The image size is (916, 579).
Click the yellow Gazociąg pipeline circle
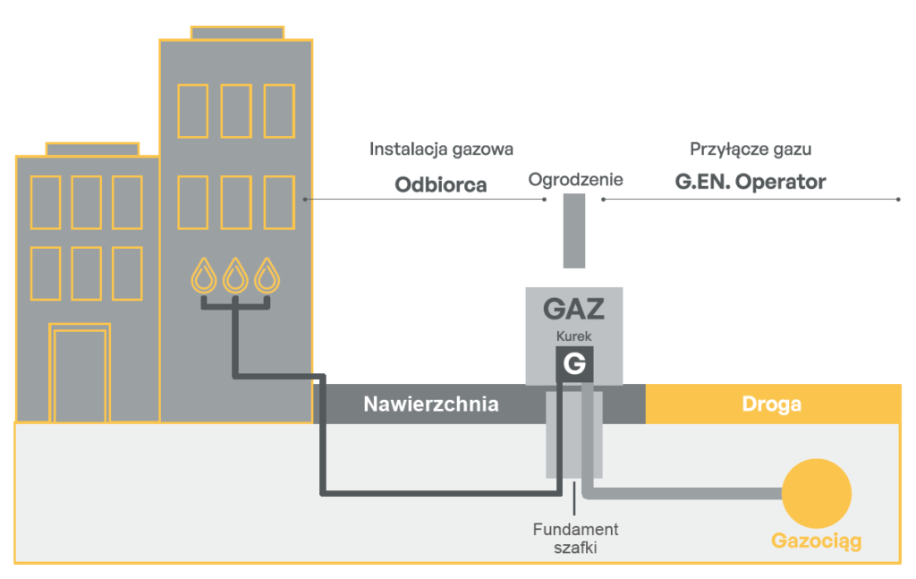pos(816,493)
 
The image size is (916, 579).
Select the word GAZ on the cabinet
pos(573,310)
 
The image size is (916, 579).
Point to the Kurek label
pos(573,336)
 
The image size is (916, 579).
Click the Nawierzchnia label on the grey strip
pos(430,404)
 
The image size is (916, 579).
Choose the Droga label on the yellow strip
pos(771,404)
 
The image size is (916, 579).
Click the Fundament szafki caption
pos(573,538)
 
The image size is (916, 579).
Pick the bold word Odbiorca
pos(441,184)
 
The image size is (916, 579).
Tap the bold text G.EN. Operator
pos(750,182)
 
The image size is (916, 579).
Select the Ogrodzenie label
pos(575,180)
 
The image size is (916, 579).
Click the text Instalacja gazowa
pos(441,149)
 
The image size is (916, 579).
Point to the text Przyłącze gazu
pos(750,149)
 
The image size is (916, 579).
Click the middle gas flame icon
pos(235,276)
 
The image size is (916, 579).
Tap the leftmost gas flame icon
pos(205,276)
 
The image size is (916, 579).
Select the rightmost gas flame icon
pos(266,276)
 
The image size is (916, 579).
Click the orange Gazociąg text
pos(816,541)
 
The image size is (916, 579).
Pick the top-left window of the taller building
pos(192,110)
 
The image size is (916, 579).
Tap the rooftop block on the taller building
pos(237,33)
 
